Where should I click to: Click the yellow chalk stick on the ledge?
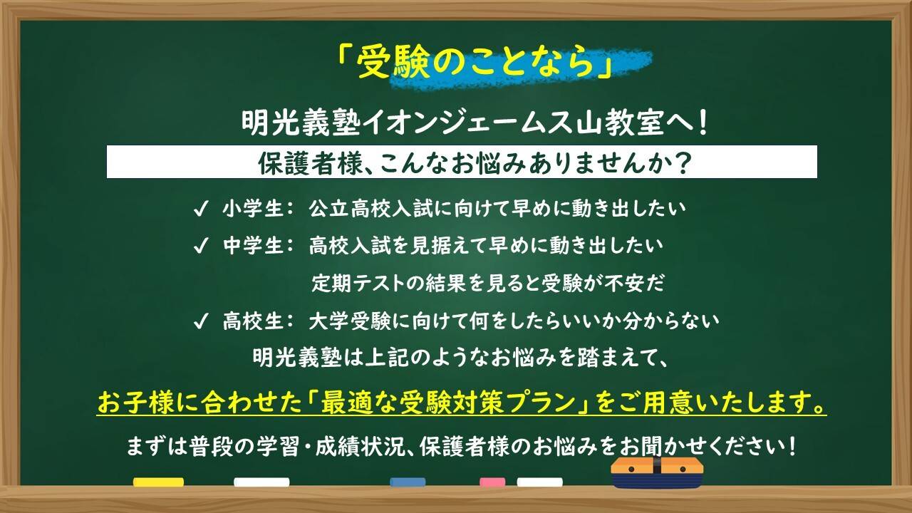[158, 482]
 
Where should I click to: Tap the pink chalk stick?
[492, 482]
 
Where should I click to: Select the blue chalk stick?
[408, 482]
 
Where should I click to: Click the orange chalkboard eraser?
[657, 472]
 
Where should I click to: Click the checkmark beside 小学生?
[201, 209]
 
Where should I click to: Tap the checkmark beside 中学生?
[201, 246]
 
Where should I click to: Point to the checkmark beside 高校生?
[201, 321]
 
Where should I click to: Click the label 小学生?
[252, 209]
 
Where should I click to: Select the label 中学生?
[252, 246]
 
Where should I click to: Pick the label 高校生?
[252, 321]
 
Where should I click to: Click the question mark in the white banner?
[682, 163]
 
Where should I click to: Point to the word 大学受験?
[350, 321]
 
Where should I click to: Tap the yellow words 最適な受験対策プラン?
[447, 403]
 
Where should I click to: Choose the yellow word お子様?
[135, 403]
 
